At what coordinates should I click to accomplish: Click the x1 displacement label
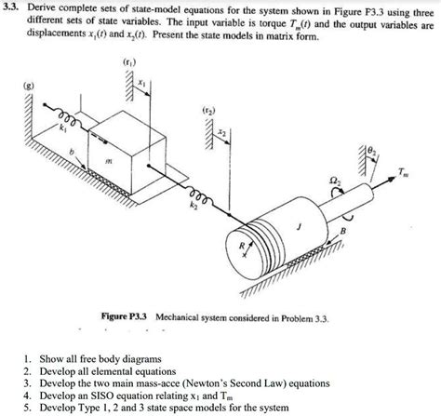coord(140,84)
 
